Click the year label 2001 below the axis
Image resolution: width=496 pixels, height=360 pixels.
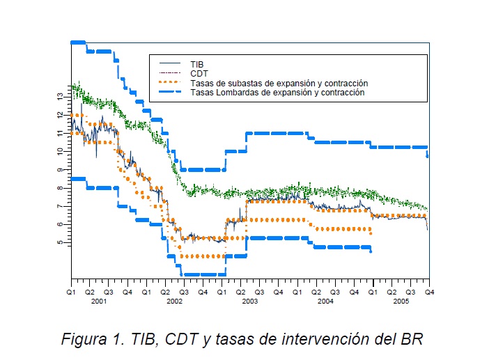(x=98, y=301)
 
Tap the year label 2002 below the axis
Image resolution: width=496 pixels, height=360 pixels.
(x=174, y=301)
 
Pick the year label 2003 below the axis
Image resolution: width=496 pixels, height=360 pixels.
(x=249, y=301)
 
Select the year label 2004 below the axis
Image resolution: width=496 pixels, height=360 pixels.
(x=325, y=301)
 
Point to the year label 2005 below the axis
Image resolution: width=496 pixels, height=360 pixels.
(x=401, y=301)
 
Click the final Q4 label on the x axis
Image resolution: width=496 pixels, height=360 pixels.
(x=429, y=291)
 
